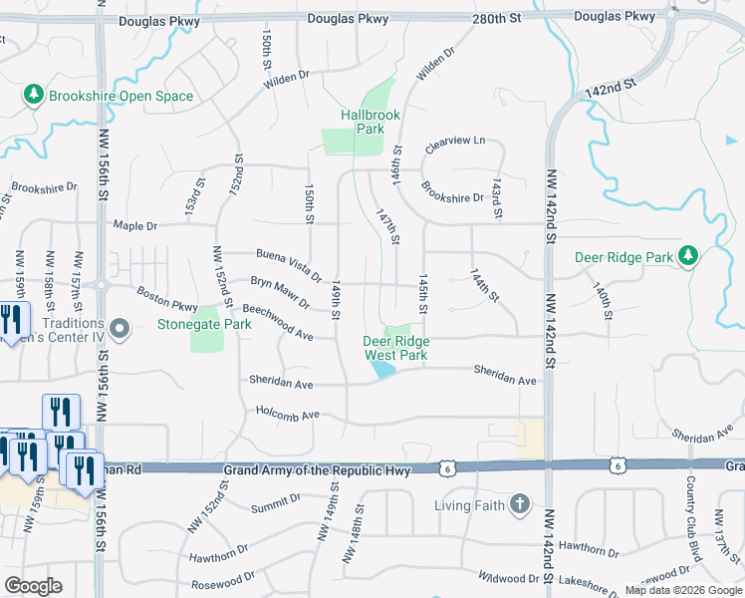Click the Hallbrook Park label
tap(362, 122)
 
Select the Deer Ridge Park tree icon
tap(687, 256)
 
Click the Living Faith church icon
tap(519, 504)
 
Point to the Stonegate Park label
tap(204, 324)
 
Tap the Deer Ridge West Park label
tap(395, 348)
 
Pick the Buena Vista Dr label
tap(289, 264)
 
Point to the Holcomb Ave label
tap(288, 414)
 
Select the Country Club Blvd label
tap(690, 509)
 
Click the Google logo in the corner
tap(33, 586)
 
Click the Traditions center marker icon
tap(121, 328)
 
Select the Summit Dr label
tap(276, 509)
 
